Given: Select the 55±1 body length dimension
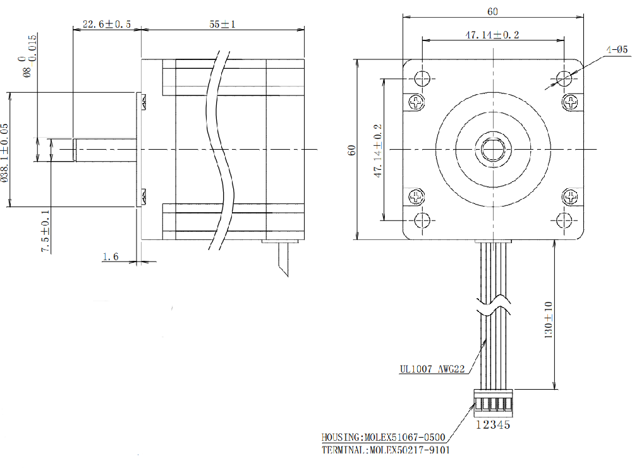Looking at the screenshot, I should click(x=222, y=24).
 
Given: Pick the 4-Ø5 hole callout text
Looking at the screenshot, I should click(x=616, y=49).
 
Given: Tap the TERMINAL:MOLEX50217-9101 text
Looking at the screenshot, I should click(x=386, y=450).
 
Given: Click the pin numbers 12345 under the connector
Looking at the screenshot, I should click(x=492, y=425).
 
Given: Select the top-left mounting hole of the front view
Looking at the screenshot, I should click(x=422, y=78).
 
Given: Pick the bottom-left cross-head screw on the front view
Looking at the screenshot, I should click(x=416, y=196).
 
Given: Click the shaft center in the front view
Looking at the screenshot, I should click(x=493, y=149).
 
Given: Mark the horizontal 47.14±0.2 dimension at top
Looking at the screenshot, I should click(x=492, y=35).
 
